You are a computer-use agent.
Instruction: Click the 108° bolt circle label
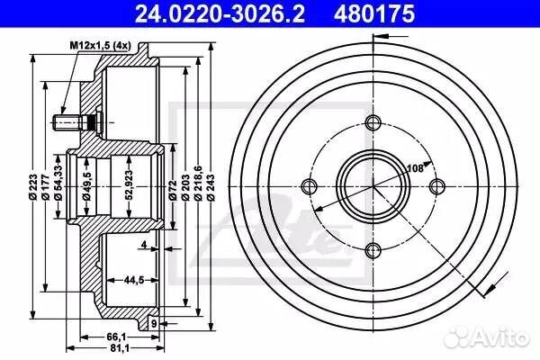417,167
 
